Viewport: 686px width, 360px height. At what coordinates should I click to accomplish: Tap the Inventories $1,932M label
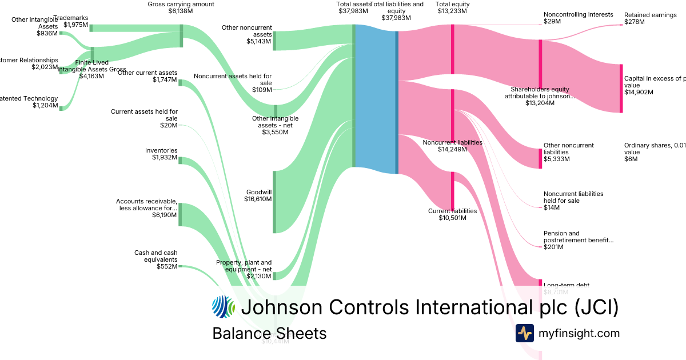161,154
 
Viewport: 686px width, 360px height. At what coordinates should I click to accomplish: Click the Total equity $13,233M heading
452,7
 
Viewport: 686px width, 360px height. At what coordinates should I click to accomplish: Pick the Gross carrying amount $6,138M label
173,7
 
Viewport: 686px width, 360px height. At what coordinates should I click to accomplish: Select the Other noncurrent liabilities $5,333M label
568,152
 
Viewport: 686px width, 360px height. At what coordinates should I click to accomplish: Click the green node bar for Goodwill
274,202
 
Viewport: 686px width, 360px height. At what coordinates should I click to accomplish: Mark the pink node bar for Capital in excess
621,89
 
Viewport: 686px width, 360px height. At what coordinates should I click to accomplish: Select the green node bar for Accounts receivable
181,214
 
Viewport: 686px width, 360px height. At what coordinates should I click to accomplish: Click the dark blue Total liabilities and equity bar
397,102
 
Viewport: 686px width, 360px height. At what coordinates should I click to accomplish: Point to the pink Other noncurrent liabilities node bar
540,158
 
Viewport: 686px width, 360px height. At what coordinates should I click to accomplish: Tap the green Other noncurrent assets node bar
274,41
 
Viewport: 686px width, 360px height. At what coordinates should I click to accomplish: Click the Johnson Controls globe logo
223,307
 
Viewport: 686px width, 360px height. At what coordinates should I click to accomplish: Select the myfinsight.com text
579,333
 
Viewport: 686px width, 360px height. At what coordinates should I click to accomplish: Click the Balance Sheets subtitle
269,333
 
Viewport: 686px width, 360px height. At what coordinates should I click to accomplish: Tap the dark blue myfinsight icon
524,333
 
